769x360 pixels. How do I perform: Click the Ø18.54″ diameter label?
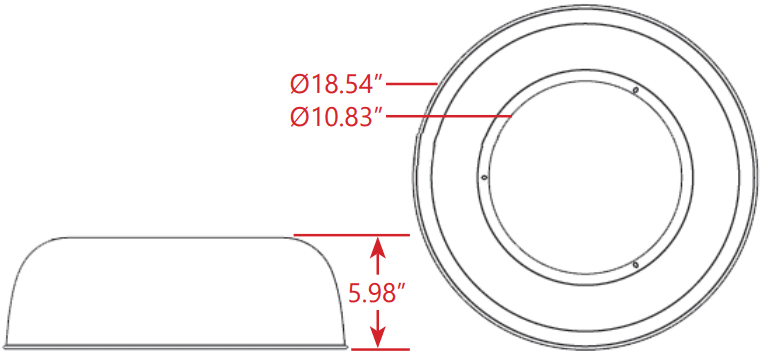(336, 84)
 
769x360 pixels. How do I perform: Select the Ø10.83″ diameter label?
(336, 117)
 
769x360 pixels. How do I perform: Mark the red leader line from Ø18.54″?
(412, 84)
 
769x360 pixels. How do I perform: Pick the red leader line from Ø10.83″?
(449, 116)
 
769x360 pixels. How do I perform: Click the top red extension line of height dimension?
(351, 235)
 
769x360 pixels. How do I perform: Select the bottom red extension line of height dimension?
(381, 349)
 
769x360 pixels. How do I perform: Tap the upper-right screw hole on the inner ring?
(636, 90)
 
